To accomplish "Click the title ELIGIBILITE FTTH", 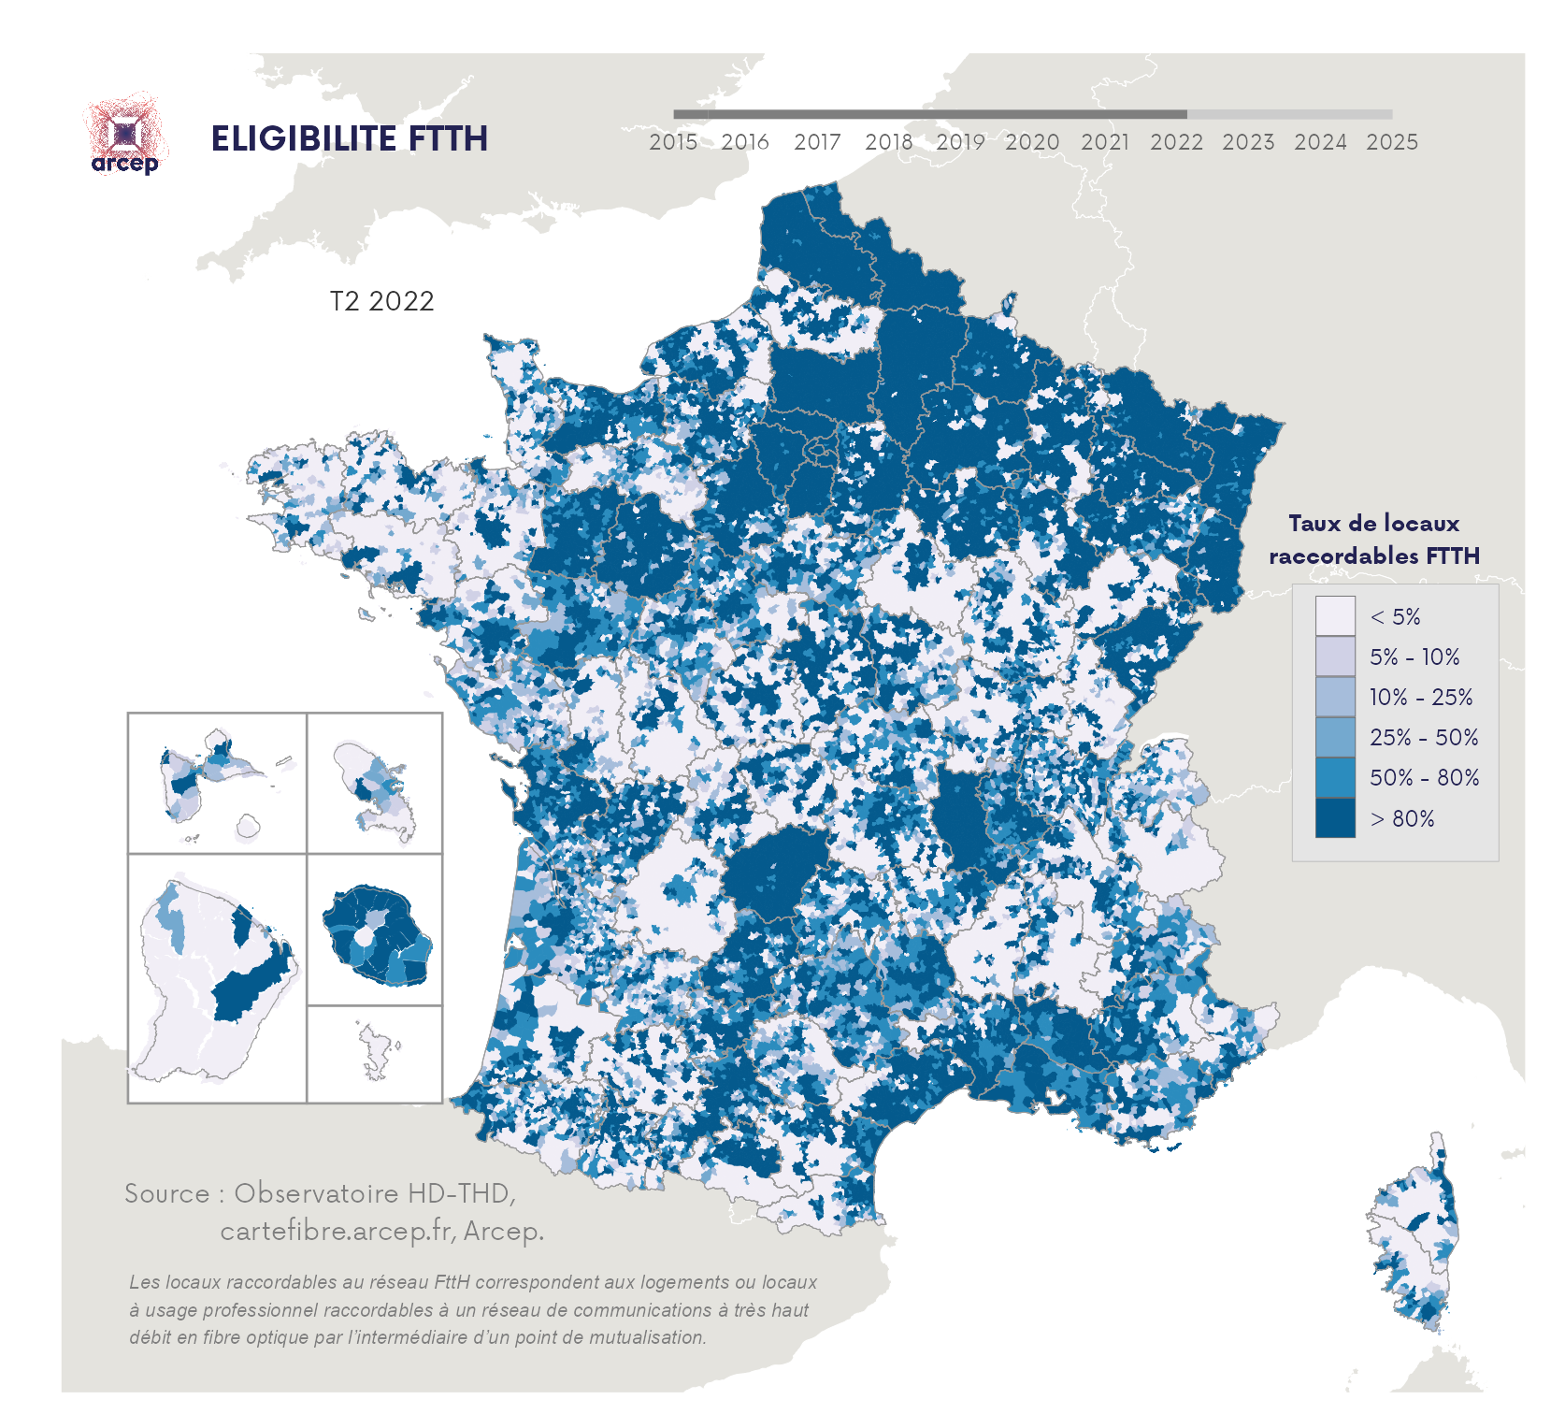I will [x=349, y=139].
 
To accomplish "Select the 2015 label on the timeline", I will [x=673, y=142].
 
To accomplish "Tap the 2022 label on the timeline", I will [x=1176, y=142].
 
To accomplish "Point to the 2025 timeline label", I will [x=1392, y=142].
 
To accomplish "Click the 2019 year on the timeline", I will [x=960, y=142].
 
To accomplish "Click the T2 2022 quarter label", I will [x=381, y=301].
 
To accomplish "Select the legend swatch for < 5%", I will [x=1334, y=616].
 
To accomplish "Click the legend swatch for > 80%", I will [x=1334, y=817].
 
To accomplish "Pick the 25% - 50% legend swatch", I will [x=1334, y=737].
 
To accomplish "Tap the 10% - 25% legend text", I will [x=1420, y=697].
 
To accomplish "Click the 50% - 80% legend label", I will [x=1424, y=777].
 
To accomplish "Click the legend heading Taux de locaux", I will [x=1373, y=524].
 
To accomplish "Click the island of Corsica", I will [x=1414, y=1234].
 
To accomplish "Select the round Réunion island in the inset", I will [x=377, y=934].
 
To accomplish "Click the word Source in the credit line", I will [x=167, y=1193].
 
